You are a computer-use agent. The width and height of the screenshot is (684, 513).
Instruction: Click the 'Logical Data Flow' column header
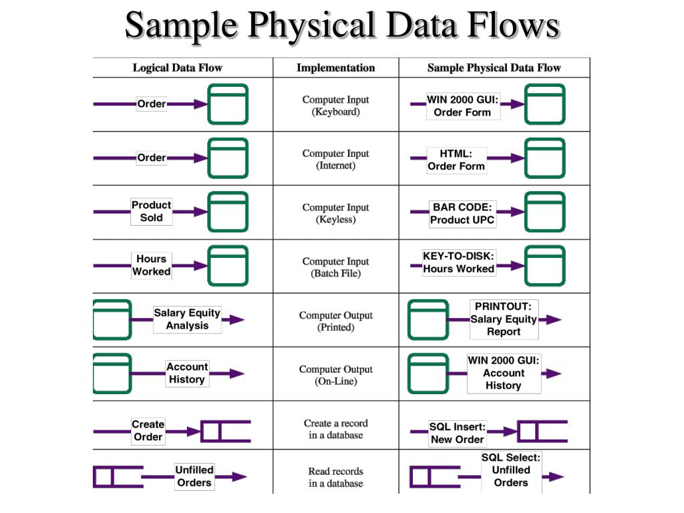tap(177, 67)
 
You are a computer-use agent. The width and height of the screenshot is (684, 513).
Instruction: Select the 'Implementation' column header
tap(335, 67)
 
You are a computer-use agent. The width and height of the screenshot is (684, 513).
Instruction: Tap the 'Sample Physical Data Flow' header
tap(494, 67)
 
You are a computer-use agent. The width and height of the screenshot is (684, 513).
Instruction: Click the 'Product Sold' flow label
tap(151, 211)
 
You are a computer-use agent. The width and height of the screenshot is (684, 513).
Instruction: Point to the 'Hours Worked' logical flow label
tap(151, 265)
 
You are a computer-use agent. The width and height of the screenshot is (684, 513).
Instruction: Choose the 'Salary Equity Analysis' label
tap(187, 319)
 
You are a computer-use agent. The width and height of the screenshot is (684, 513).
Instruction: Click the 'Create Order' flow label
tap(148, 431)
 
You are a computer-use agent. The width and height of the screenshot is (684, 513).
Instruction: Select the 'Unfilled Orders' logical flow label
tap(194, 476)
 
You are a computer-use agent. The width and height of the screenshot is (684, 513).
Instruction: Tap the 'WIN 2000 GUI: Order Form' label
tap(462, 106)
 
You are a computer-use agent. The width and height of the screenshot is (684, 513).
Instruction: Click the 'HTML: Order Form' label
tap(456, 160)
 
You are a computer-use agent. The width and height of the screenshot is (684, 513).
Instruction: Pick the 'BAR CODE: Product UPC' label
tap(462, 214)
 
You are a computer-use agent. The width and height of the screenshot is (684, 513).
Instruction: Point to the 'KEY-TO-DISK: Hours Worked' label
tap(458, 263)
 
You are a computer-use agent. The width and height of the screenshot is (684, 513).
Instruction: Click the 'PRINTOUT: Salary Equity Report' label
tap(504, 319)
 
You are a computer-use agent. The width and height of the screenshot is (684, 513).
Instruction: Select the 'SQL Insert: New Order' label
tap(457, 433)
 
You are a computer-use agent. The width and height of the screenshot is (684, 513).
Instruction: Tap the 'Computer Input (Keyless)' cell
tap(335, 214)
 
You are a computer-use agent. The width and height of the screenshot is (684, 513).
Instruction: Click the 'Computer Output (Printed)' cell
tap(335, 321)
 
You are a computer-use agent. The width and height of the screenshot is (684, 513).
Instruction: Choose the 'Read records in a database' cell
tap(335, 477)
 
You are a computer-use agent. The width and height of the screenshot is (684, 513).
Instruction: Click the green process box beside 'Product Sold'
tap(228, 212)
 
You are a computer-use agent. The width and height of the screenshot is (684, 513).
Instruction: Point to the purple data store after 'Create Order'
tap(226, 432)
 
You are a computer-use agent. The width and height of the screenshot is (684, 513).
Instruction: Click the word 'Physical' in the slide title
tap(311, 25)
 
